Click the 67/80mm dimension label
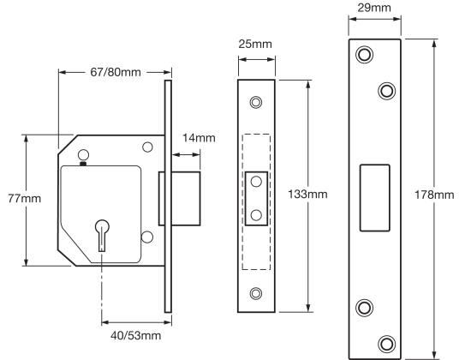pos(116,72)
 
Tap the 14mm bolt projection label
pos(199,138)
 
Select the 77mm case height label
pos(24,199)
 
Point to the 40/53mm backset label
pos(136,335)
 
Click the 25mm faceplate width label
pos(255,44)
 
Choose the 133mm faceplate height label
pos(307,195)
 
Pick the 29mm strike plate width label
pos(374,8)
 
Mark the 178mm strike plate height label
pos(434,195)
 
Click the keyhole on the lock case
pos(102,235)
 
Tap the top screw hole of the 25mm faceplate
pos(256,102)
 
